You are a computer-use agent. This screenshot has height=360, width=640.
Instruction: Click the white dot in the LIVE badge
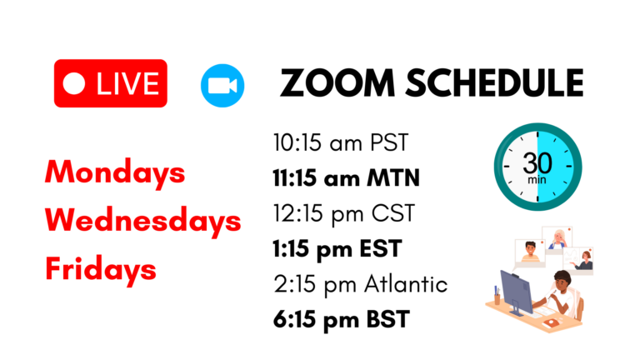[x=74, y=83]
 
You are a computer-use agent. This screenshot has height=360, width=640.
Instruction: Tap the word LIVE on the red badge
[x=127, y=83]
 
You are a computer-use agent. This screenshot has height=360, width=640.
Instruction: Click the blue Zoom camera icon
[x=222, y=85]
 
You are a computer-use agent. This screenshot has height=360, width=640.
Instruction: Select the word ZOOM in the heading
[x=337, y=82]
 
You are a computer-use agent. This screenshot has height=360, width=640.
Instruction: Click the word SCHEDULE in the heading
[x=494, y=82]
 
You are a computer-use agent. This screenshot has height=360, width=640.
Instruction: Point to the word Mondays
[x=115, y=172]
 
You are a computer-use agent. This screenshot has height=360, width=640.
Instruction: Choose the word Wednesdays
[x=143, y=220]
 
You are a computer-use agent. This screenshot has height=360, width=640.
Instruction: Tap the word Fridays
[x=101, y=269]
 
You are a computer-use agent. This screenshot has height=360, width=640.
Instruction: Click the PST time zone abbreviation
[x=389, y=142]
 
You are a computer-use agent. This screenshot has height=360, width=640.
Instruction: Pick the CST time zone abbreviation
[x=393, y=213]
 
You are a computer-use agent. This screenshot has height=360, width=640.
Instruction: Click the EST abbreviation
[x=381, y=248]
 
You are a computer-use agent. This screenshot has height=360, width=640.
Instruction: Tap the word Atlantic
[x=406, y=283]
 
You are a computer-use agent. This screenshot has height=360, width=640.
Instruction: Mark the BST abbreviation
[x=387, y=319]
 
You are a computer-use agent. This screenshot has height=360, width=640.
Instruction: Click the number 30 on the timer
[x=537, y=163]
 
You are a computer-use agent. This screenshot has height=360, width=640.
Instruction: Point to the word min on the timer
[x=537, y=180]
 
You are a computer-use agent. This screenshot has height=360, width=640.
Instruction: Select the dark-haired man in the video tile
[x=530, y=252]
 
